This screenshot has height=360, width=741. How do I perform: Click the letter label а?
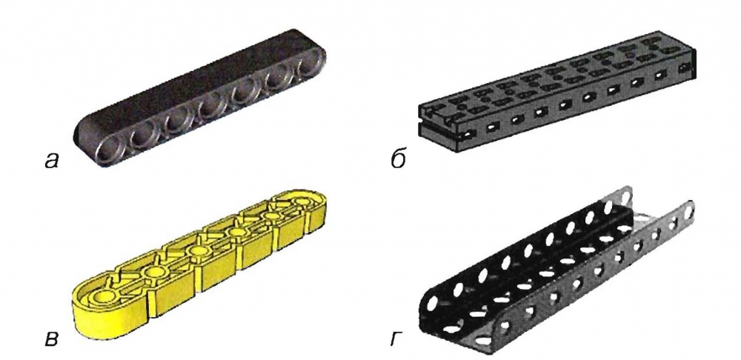pos(51,161)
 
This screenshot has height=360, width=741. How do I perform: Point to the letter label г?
pos(396,339)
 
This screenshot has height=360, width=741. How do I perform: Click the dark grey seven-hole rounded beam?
pos(200,97)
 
